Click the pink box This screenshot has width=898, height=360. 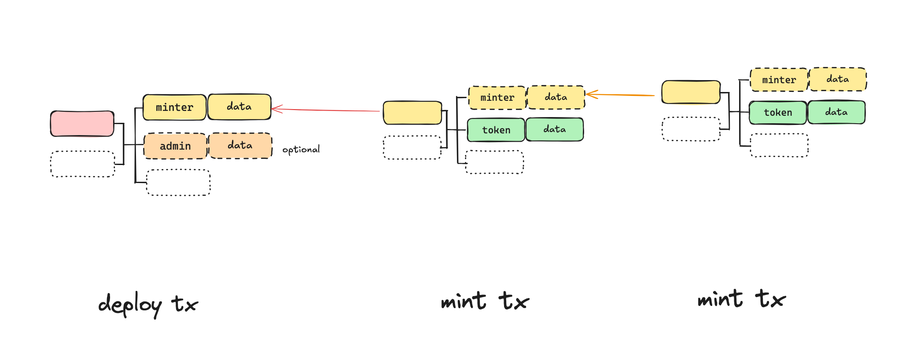(x=82, y=124)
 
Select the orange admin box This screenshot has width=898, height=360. (x=175, y=146)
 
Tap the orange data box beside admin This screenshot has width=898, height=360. (x=240, y=146)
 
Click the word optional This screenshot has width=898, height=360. (x=301, y=150)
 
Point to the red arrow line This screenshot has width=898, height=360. (x=326, y=110)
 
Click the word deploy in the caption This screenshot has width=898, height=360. (x=130, y=304)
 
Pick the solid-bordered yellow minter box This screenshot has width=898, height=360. (x=175, y=107)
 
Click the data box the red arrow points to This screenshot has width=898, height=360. (x=239, y=107)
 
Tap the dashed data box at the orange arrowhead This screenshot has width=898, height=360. (x=556, y=97)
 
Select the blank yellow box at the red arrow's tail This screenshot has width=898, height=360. (x=412, y=113)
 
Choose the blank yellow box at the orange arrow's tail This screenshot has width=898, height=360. (x=691, y=92)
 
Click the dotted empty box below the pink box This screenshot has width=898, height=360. (x=83, y=164)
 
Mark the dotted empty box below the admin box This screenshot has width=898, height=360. (x=178, y=182)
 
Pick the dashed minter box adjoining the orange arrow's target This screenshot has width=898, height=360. (x=497, y=98)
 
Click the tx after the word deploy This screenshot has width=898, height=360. (x=185, y=304)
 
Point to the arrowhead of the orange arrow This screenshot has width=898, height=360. (x=589, y=94)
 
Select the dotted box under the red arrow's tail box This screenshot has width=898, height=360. (x=412, y=147)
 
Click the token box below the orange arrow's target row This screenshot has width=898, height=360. (x=496, y=130)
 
